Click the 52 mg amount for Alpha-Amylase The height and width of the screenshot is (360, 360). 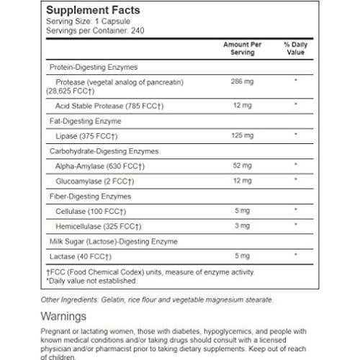pyautogui.click(x=238, y=164)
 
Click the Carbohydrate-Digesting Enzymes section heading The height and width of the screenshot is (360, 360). pyautogui.click(x=104, y=150)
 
